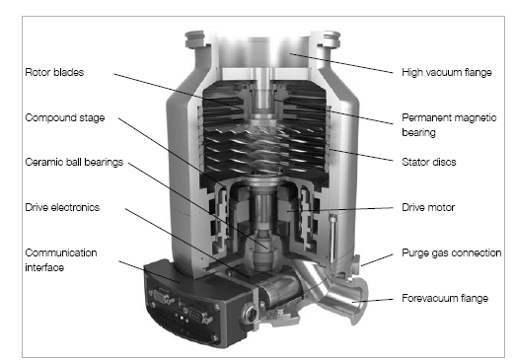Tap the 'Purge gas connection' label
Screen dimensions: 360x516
pyautogui.click(x=452, y=252)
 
